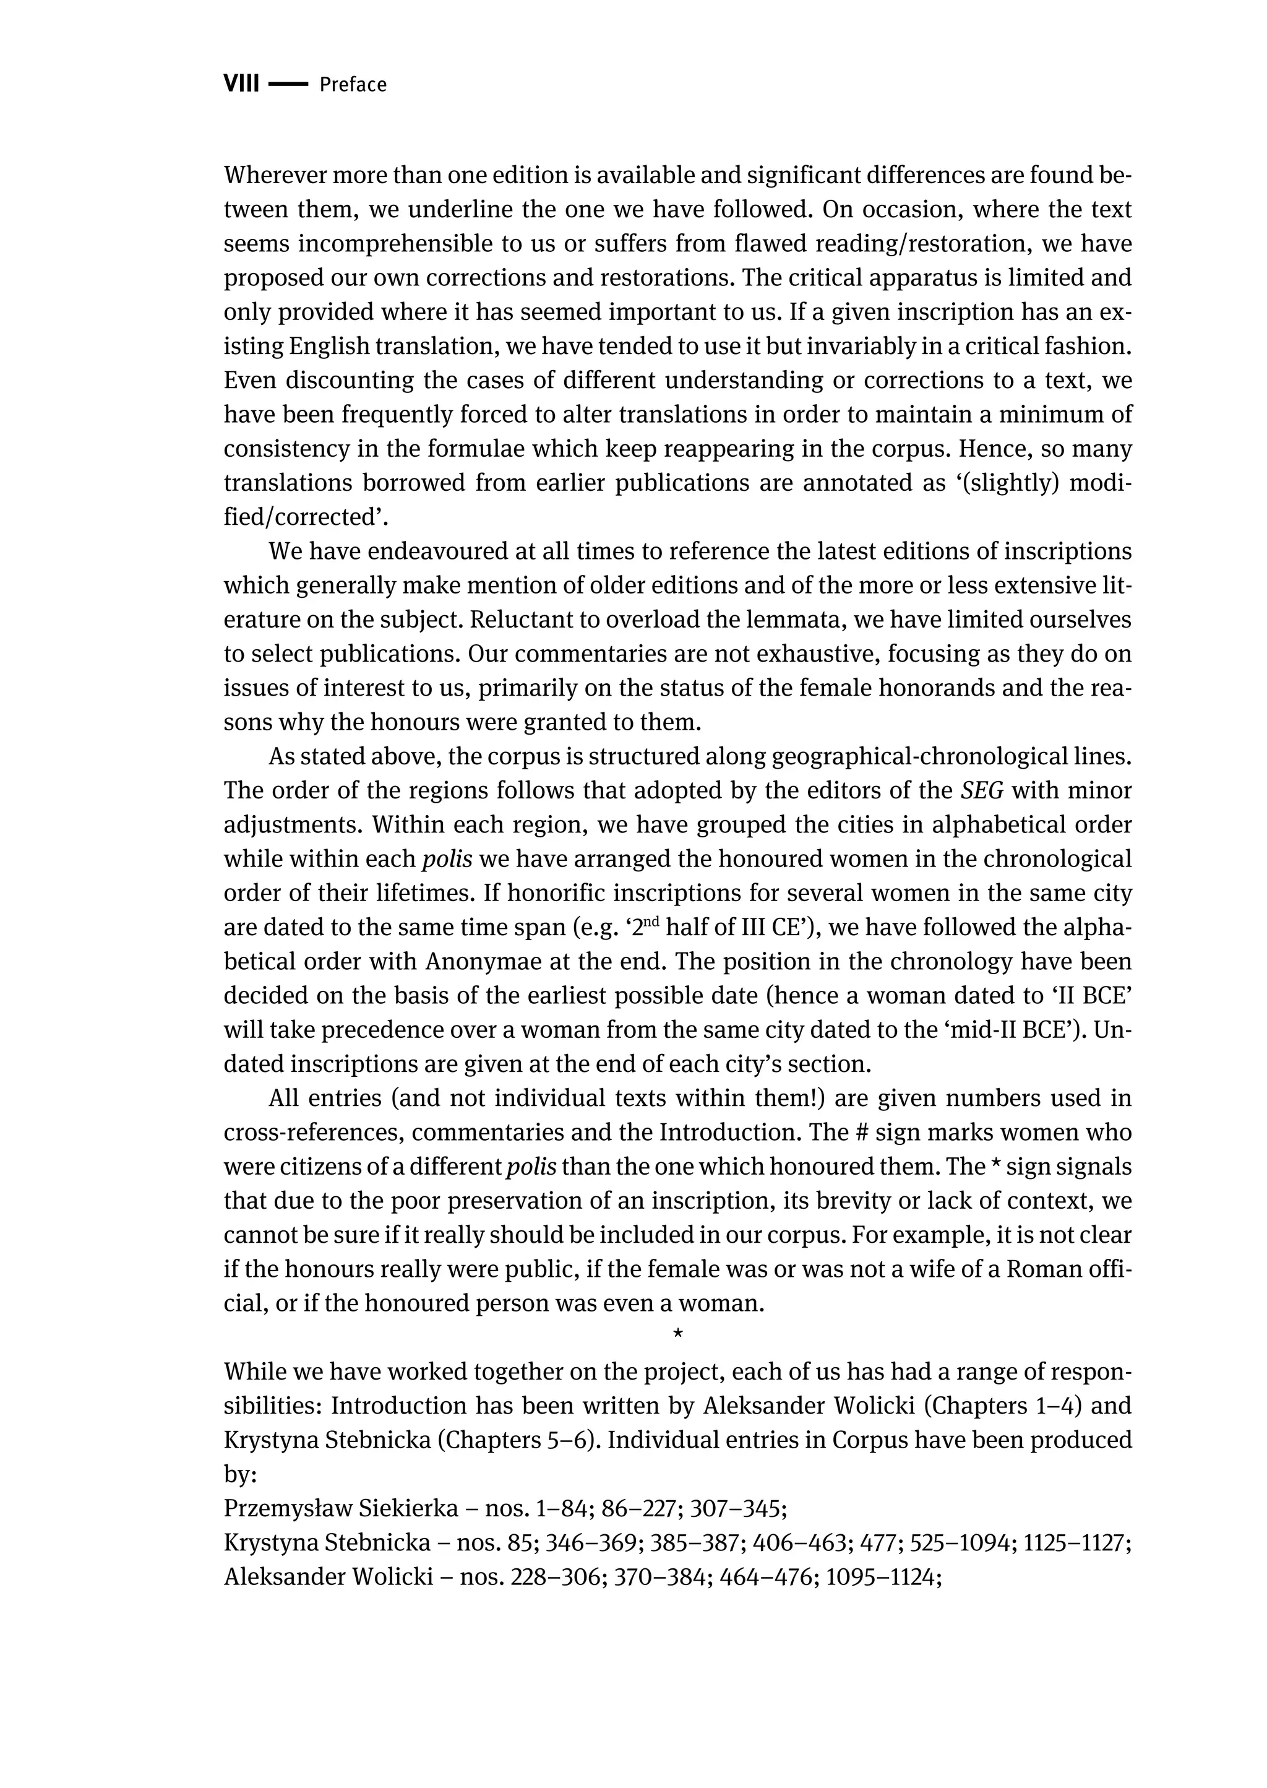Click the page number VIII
[241, 84]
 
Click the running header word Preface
[353, 84]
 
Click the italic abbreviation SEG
[981, 790]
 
